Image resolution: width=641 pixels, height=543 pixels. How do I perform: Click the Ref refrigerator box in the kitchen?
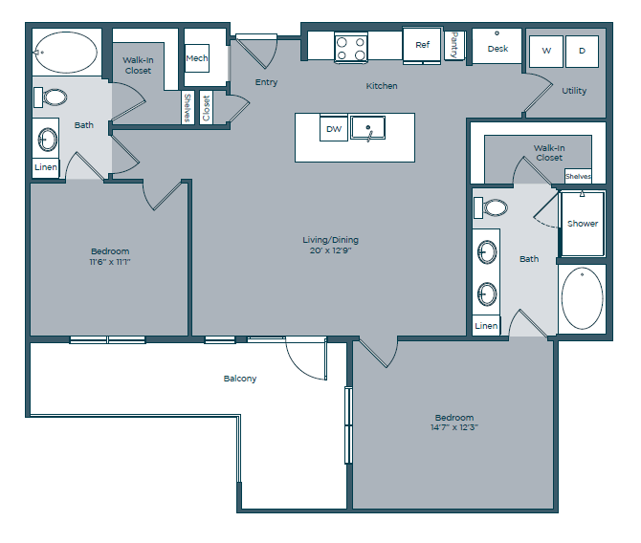pos(421,45)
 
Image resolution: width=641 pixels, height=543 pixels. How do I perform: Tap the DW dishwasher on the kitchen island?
pos(333,127)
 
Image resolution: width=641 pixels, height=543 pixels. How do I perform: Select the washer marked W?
pos(547,51)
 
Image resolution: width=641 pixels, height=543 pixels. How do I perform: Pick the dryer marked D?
pos(582,51)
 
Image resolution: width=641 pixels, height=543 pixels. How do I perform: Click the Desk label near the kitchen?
pos(497,48)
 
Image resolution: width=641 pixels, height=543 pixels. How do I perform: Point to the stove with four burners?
pos(350,46)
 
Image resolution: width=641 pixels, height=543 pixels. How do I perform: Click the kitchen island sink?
pos(367,127)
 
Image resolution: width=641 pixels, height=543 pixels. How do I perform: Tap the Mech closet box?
pos(197,58)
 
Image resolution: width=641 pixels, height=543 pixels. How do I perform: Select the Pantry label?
pos(454,45)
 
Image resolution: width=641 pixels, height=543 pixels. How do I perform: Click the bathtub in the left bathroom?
pos(64,52)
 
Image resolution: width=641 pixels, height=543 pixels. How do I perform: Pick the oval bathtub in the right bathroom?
pos(581,298)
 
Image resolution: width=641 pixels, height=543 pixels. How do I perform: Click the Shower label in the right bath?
pos(582,224)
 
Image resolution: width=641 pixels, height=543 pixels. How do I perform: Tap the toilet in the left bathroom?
pos(53,97)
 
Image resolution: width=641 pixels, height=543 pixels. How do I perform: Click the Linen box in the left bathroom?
pos(46,167)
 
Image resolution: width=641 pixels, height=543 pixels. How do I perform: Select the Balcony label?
pos(239,379)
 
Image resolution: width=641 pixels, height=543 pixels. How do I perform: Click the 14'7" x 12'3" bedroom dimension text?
pos(454,427)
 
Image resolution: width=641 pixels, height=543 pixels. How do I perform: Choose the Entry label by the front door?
pos(266,82)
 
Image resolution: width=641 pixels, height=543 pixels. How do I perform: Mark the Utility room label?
pos(574,91)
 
